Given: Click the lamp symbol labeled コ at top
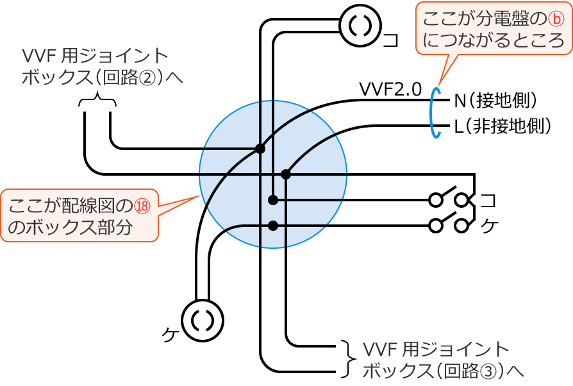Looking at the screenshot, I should [x=360, y=26].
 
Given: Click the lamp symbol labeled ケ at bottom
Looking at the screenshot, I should [x=203, y=321].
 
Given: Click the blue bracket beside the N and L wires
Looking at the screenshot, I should [x=436, y=113].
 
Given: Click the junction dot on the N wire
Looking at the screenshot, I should [x=260, y=149].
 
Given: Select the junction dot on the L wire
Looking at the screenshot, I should [x=286, y=174].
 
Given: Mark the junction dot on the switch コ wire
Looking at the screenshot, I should [x=273, y=200].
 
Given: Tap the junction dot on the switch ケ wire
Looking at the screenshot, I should [x=273, y=225].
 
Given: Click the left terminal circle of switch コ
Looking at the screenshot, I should [x=436, y=200].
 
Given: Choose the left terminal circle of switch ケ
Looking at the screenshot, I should [x=436, y=225].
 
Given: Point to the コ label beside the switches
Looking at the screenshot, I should [x=488, y=200].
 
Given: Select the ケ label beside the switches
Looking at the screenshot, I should [x=488, y=226].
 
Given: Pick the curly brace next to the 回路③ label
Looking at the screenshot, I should [x=347, y=358].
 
